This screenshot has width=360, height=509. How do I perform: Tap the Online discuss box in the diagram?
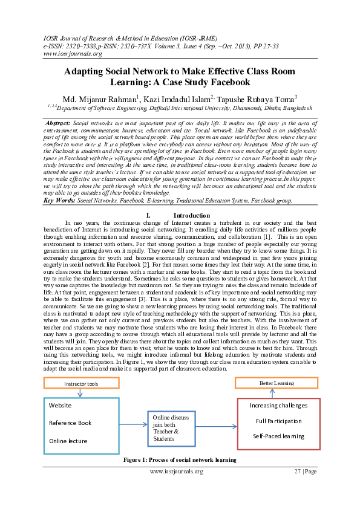tap(172, 429)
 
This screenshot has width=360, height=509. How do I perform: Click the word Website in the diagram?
tap(61, 406)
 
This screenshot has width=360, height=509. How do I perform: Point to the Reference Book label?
tap(70, 423)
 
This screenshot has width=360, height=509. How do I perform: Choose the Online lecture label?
tap(68, 441)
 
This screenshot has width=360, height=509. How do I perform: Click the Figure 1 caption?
tap(180, 460)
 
